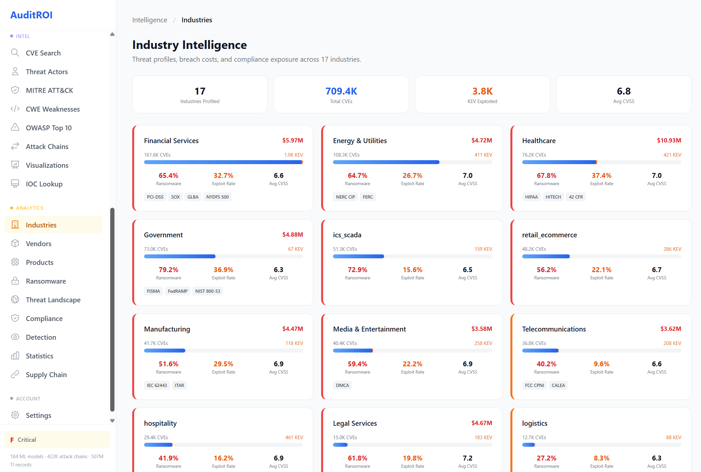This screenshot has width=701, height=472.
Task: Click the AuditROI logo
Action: (x=31, y=15)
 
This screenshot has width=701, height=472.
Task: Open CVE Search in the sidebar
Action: (x=43, y=53)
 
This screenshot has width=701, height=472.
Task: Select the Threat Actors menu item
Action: (x=47, y=72)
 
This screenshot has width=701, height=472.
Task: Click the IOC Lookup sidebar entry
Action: (x=44, y=184)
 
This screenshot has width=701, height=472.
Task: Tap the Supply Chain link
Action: (x=46, y=375)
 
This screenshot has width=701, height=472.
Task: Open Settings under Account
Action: (x=38, y=416)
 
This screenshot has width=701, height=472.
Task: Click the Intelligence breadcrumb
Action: (x=150, y=20)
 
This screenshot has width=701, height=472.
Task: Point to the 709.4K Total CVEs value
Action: (x=341, y=91)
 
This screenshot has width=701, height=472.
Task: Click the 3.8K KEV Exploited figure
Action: (x=482, y=91)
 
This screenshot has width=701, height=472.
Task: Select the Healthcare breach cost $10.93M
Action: (x=669, y=140)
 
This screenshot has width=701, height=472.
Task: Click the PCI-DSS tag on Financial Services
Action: (x=155, y=197)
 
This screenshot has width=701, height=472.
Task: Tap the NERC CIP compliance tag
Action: (x=345, y=197)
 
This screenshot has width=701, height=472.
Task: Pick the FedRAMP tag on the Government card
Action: (x=177, y=291)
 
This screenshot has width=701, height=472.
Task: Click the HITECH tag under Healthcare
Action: (x=553, y=197)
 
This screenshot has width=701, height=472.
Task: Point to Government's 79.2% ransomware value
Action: (x=169, y=270)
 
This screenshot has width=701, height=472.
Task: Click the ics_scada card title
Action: (x=347, y=235)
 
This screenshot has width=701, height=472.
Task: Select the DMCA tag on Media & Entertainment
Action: (x=342, y=385)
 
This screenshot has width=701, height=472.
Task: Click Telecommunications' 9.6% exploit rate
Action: (x=601, y=364)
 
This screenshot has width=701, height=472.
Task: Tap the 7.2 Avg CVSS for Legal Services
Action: (x=467, y=458)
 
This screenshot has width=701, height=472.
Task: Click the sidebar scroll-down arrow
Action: (x=112, y=421)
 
